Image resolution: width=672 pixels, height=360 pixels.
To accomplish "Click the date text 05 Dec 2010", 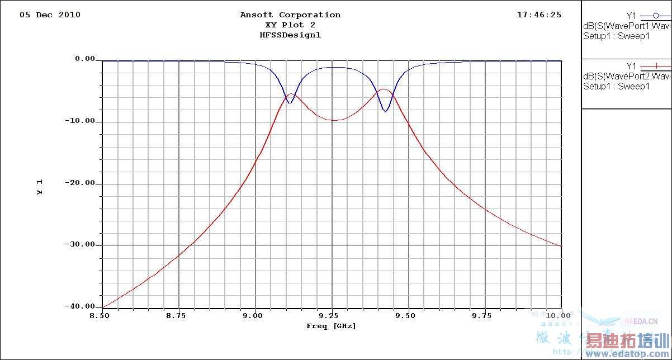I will click(x=50, y=15).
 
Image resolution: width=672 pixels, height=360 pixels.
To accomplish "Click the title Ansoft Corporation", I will click(x=290, y=15).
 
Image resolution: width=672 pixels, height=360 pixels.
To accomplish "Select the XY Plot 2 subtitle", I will click(x=290, y=25).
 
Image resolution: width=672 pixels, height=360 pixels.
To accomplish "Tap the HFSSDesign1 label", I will click(x=290, y=35).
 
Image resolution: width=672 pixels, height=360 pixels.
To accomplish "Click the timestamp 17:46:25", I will click(x=539, y=15).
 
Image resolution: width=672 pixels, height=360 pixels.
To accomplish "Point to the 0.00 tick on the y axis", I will click(x=84, y=59).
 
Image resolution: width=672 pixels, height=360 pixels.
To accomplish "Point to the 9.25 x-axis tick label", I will click(x=332, y=316).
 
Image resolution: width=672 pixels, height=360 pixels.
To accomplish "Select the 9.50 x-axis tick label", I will click(x=408, y=316).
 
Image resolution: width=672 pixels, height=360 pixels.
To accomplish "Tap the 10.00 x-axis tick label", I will click(x=560, y=316).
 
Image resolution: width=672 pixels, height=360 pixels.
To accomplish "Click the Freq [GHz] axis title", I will click(x=331, y=326).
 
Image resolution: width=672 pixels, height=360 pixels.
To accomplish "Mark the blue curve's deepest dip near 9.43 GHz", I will click(x=385, y=111).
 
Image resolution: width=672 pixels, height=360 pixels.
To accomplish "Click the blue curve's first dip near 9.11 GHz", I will click(x=289, y=102).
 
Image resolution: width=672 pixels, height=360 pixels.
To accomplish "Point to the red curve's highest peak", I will click(x=384, y=89).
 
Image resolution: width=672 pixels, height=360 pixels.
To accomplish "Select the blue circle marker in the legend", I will click(x=656, y=16).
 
